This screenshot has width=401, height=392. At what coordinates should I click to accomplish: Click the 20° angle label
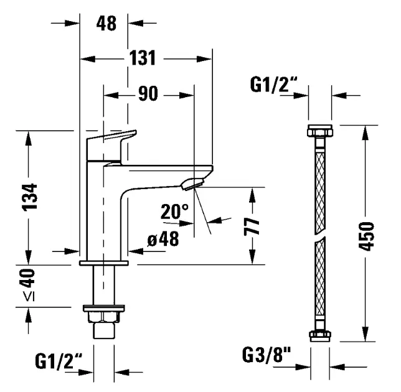click(x=174, y=212)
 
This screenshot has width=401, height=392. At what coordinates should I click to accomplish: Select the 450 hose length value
click(x=367, y=235)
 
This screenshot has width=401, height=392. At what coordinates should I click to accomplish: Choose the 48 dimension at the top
click(x=106, y=24)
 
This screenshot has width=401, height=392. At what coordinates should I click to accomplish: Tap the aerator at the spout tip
click(x=194, y=183)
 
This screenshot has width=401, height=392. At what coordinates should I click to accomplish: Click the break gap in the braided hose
click(x=319, y=239)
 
